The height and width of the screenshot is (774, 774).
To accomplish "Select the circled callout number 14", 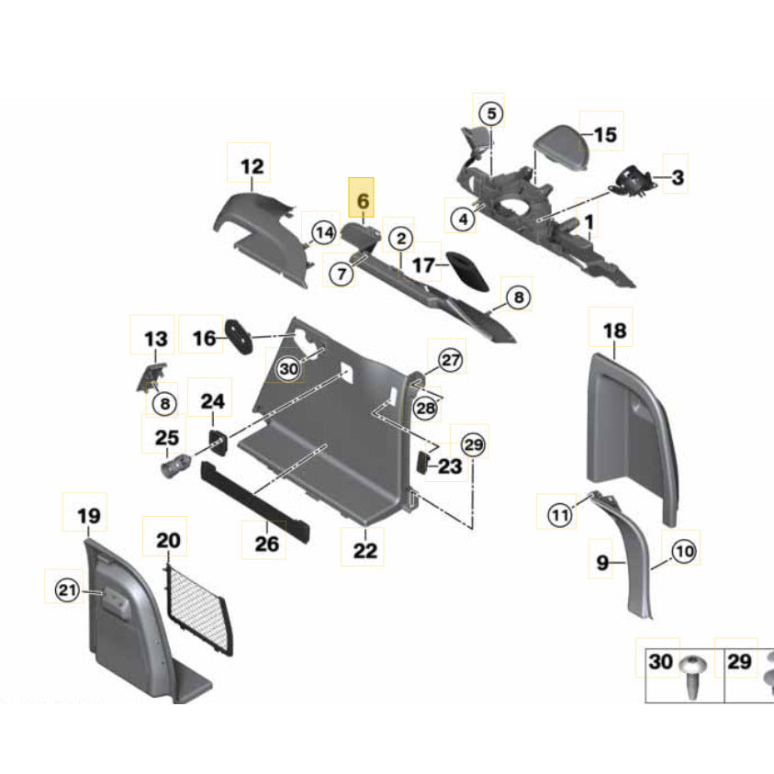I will click(x=322, y=234).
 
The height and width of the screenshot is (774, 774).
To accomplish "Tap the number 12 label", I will click(x=252, y=167).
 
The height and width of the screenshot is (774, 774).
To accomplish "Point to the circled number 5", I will click(x=491, y=114).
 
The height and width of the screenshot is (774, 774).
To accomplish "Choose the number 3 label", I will click(x=677, y=177).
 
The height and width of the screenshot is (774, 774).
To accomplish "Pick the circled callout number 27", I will click(x=450, y=360).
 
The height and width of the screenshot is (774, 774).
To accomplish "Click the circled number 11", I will click(x=560, y=516).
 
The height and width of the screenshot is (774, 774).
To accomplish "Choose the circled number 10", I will click(x=685, y=551).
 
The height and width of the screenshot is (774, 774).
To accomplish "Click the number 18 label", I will click(x=613, y=331).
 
